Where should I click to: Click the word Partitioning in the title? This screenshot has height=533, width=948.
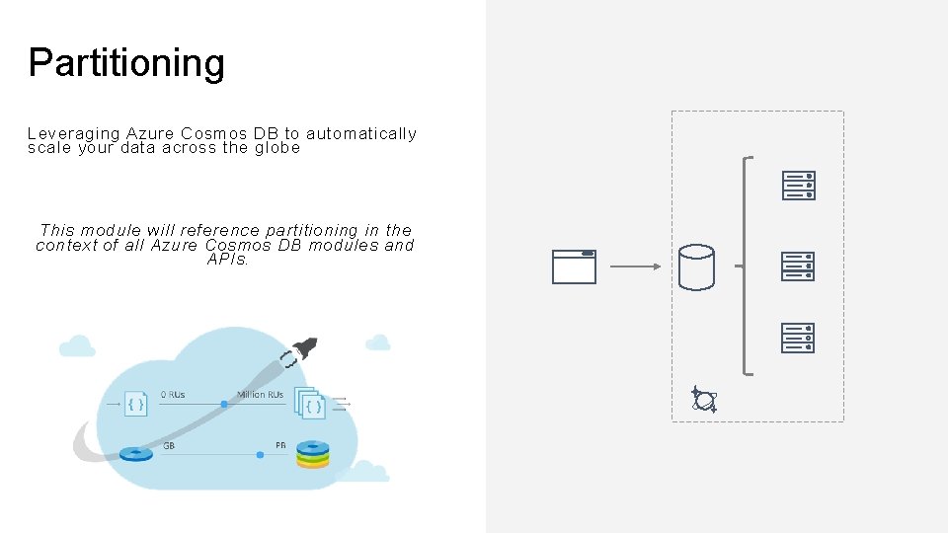tap(126, 63)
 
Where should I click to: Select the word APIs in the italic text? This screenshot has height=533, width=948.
tap(227, 260)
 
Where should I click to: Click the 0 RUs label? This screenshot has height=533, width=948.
tap(173, 395)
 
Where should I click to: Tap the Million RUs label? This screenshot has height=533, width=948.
tap(260, 395)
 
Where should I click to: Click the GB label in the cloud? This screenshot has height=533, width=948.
tap(169, 445)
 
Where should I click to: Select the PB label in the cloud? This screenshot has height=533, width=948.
tap(281, 445)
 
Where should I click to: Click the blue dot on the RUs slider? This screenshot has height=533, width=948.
tap(224, 404)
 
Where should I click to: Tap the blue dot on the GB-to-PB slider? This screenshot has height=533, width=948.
tap(260, 455)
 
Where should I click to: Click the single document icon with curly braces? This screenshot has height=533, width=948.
tap(136, 403)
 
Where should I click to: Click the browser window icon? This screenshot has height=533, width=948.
tap(574, 266)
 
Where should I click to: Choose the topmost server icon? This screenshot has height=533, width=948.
tap(798, 186)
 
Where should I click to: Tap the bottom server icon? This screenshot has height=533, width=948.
tap(798, 338)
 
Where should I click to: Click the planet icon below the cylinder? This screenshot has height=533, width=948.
tap(704, 399)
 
